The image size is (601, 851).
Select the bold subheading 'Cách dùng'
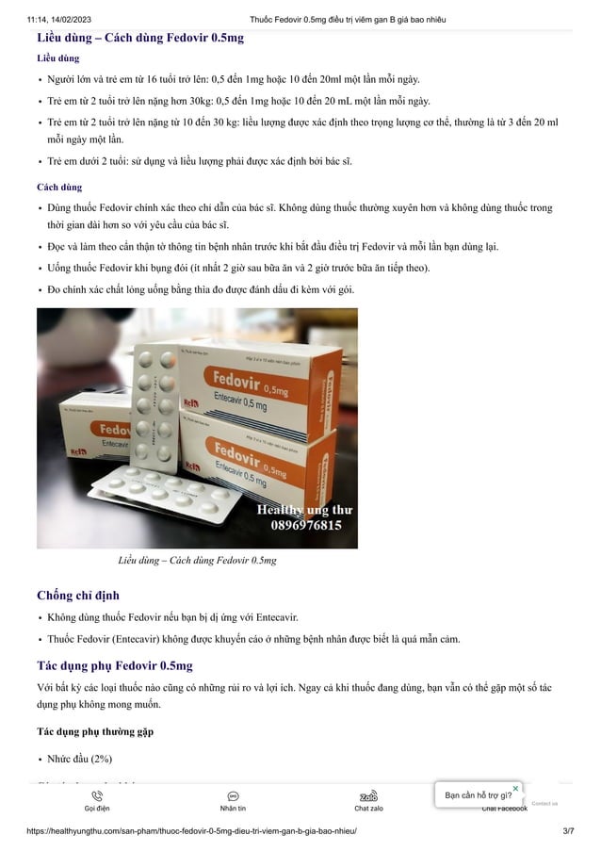point(58,188)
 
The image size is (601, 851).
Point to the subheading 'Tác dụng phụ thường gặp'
point(94,731)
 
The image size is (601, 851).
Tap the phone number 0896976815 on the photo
point(306,526)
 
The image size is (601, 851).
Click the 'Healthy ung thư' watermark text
point(305,510)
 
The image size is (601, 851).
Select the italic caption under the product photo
point(197,561)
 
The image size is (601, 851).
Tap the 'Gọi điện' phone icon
point(97,796)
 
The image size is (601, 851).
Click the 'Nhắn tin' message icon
point(233,796)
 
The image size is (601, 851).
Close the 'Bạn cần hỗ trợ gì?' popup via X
point(515,788)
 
